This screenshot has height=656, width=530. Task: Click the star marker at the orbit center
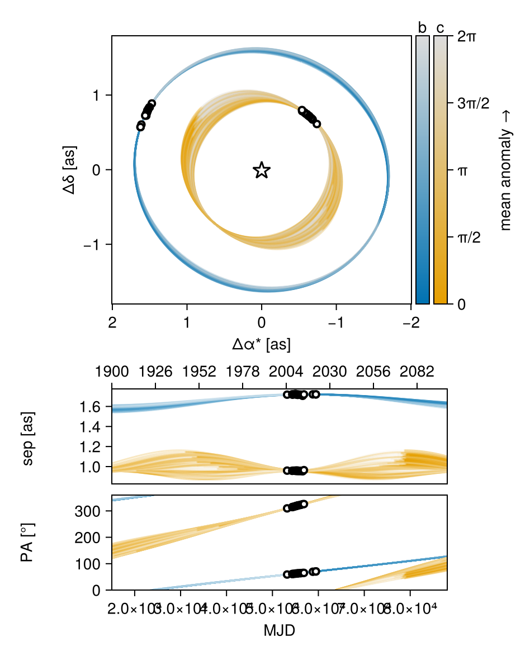click(262, 170)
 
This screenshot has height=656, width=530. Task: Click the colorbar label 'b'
click(422, 28)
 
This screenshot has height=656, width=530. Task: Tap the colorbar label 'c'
click(441, 28)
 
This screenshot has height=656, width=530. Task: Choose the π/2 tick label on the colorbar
click(469, 237)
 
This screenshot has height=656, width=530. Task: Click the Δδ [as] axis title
click(71, 170)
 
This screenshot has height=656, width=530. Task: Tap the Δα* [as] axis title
click(262, 344)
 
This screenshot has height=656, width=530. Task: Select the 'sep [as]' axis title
click(32, 436)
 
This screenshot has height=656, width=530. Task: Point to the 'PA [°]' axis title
click(32, 543)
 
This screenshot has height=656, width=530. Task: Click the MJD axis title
click(280, 631)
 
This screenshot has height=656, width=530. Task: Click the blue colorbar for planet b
click(423, 170)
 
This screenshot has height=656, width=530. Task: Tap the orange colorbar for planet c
click(441, 170)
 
